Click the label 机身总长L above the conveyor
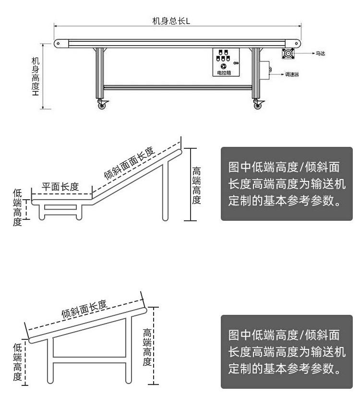pos(171,21)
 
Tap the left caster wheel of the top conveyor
pos(102,105)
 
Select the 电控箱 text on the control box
pos(224,73)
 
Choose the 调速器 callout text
pos(292,75)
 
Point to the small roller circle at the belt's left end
pos(58,43)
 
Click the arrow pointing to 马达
pos(305,54)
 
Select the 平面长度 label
pos(60,187)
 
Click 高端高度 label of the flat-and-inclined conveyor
pos(196,185)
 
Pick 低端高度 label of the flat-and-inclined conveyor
pos(17,207)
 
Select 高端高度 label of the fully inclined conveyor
pos(147,347)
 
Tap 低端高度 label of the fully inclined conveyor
pos(17,362)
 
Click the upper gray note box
pos(286,184)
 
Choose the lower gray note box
pos(286,351)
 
